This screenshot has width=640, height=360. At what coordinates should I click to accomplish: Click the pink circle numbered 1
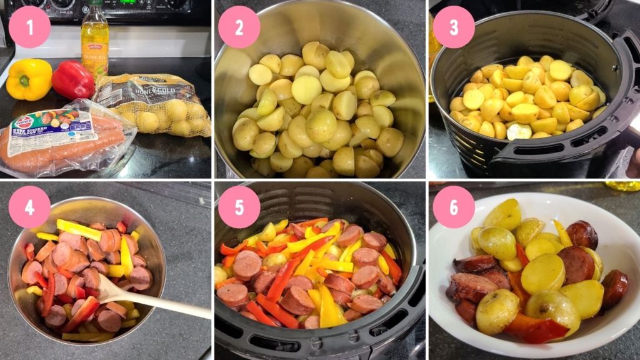coord(29,27)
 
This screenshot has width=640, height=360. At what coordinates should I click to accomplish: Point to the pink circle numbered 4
coord(29,207)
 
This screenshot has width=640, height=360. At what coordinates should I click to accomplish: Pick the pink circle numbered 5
coord(239,207)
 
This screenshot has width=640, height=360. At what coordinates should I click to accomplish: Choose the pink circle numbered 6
coord(454,207)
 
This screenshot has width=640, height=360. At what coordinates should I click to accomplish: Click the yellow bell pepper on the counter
coord(28,80)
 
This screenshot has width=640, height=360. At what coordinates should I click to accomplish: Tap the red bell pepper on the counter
coord(72,79)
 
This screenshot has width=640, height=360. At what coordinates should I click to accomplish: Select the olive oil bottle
coord(94,41)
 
